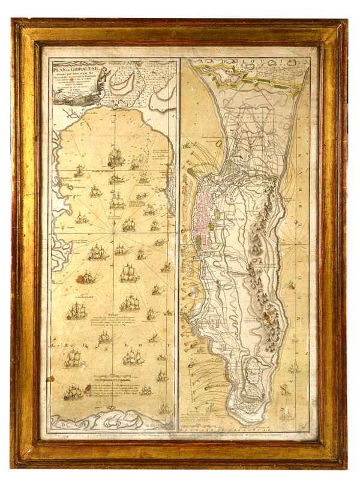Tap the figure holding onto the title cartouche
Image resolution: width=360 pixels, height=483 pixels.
click(x=104, y=76)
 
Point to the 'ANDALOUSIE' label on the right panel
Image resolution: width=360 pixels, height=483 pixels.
click(x=240, y=62)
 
